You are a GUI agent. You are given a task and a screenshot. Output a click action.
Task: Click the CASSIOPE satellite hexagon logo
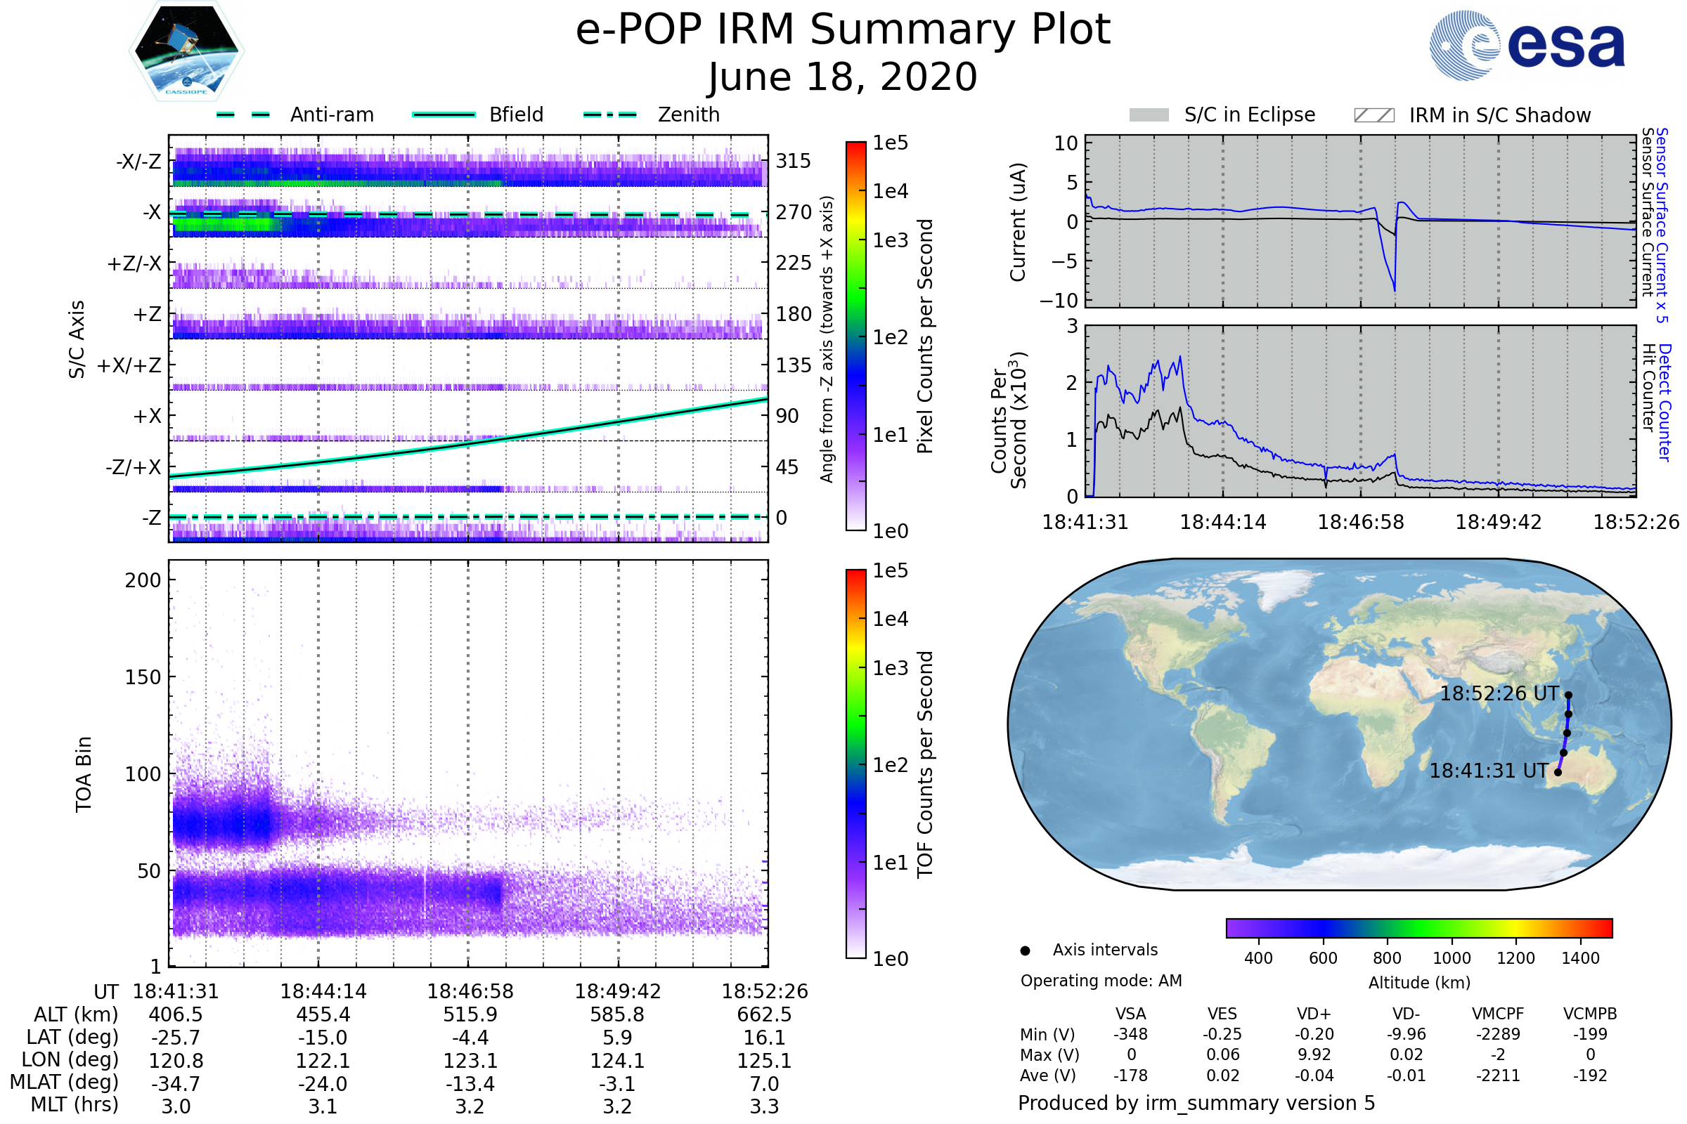186,50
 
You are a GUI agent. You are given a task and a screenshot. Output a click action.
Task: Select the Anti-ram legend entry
331,115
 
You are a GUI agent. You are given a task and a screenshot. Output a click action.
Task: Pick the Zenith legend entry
688,115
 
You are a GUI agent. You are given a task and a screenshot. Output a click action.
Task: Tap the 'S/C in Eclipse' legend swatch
1149,115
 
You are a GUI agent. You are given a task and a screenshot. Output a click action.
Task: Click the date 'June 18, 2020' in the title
843,77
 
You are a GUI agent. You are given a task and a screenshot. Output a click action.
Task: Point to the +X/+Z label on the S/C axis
129,365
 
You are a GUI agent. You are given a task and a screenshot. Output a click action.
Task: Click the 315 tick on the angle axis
794,161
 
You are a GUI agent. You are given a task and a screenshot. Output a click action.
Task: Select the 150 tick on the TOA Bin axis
143,677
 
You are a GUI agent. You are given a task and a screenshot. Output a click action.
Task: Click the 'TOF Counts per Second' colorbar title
925,764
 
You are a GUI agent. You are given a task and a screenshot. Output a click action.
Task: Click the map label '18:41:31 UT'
1488,771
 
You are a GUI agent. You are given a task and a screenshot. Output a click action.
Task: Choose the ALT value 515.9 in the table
470,1015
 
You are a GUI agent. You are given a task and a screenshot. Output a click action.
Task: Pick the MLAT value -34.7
176,1084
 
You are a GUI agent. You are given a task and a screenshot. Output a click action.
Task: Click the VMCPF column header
1498,1014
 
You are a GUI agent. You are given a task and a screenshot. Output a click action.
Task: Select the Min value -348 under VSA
1130,1034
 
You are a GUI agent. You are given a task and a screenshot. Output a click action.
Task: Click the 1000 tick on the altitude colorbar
1452,958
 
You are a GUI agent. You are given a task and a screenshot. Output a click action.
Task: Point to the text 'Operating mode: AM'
1101,981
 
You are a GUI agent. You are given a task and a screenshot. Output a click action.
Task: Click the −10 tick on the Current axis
1059,301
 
